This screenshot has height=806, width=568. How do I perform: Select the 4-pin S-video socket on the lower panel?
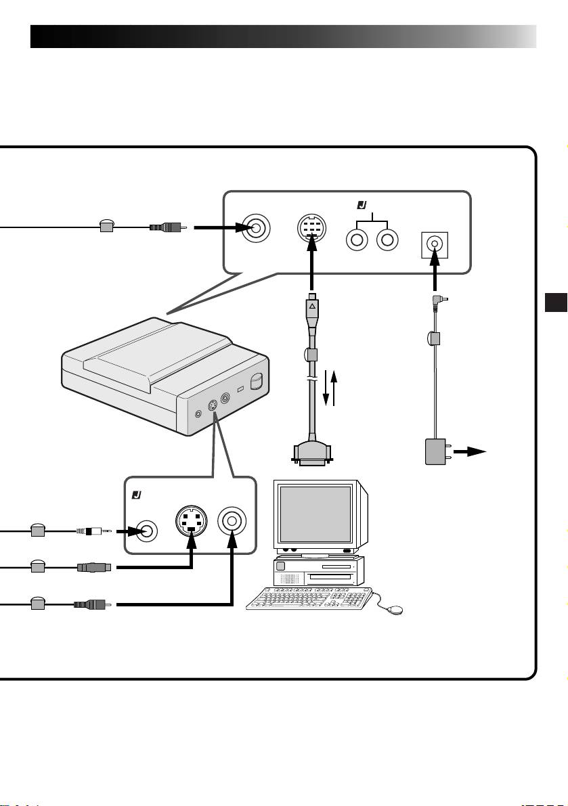[x=190, y=521]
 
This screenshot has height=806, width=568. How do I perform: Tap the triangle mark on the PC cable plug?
[x=313, y=307]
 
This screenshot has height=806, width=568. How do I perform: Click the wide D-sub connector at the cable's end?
[x=312, y=454]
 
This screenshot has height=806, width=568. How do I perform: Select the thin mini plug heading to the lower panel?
[x=91, y=532]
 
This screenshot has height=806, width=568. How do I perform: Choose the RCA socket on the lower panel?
[x=232, y=521]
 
